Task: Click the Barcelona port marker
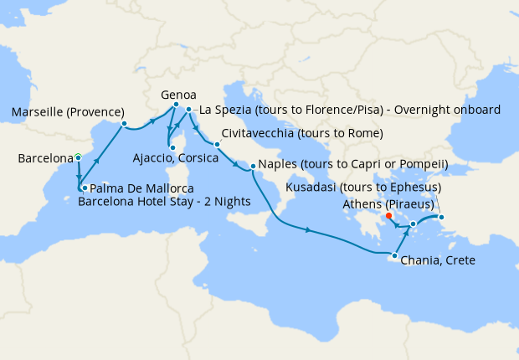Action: (x=78, y=157)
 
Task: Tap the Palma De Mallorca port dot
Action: (x=85, y=188)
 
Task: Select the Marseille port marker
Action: (x=124, y=124)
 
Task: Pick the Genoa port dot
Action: (x=176, y=116)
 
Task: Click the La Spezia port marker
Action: (x=189, y=110)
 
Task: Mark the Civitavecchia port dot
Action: (x=216, y=145)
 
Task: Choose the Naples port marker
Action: (x=252, y=169)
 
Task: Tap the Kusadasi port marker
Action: (x=442, y=219)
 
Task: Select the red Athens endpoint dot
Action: (x=389, y=215)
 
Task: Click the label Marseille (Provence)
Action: (x=69, y=112)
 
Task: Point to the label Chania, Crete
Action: (x=438, y=260)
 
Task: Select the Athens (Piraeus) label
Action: (x=387, y=204)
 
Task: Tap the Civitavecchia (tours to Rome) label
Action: (x=302, y=134)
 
